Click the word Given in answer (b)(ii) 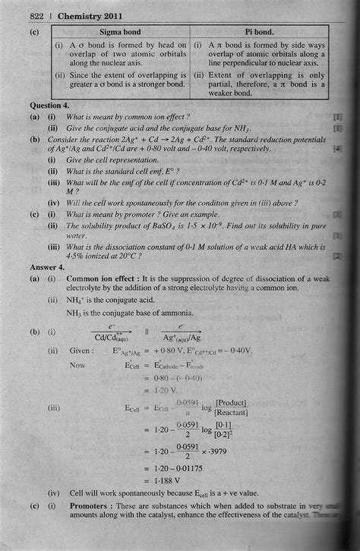[x=81, y=351]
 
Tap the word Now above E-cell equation [x=77, y=365]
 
